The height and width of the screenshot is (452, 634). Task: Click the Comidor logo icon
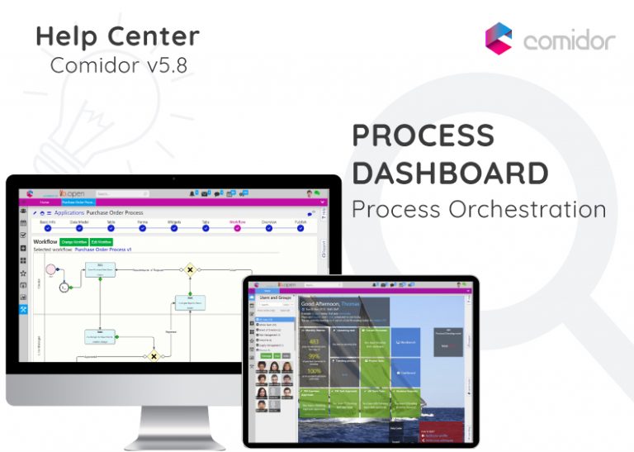coord(499,38)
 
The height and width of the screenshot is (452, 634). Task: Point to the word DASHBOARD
coord(450,173)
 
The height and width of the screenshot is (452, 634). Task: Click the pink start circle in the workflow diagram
coord(50,269)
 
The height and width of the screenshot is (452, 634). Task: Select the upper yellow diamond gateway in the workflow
coord(190,269)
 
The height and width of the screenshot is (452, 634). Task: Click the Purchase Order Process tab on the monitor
coord(78,202)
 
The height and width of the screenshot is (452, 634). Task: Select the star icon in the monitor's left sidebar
coord(24,272)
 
